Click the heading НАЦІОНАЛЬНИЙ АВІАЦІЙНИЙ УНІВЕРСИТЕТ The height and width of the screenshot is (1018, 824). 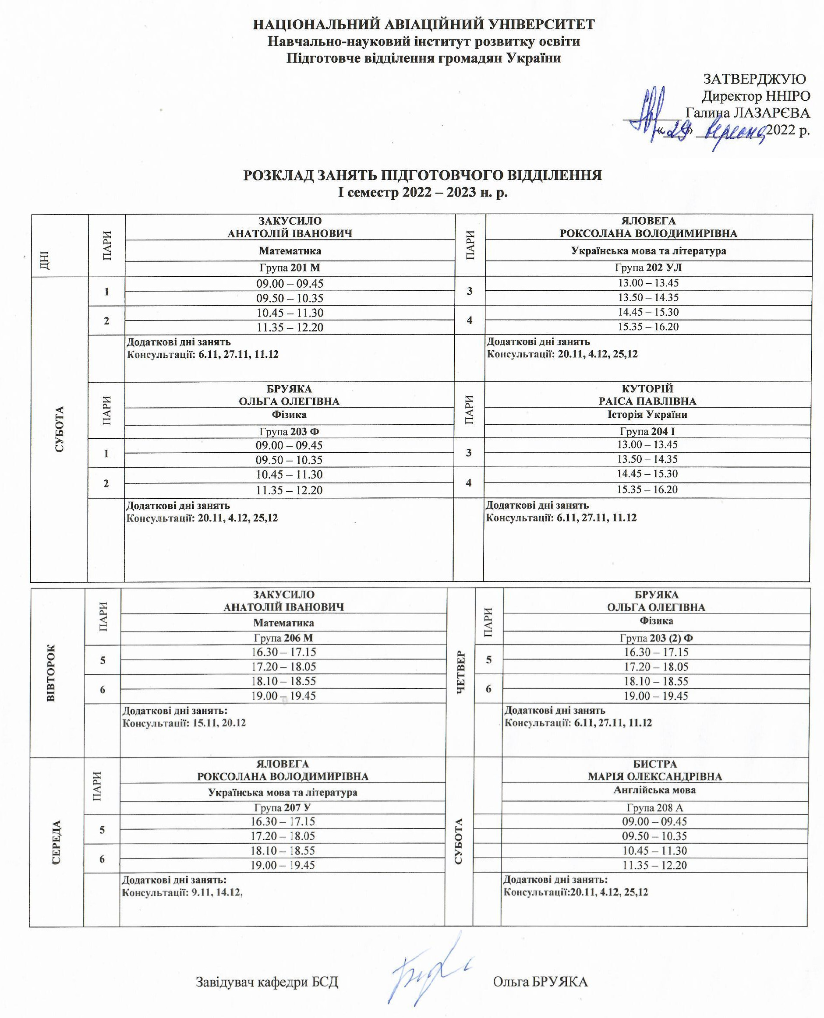pyautogui.click(x=424, y=25)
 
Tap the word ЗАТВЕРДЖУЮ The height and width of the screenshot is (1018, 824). pyautogui.click(x=754, y=79)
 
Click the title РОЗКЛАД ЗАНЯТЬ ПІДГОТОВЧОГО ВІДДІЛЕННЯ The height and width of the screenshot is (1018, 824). pyautogui.click(x=422, y=176)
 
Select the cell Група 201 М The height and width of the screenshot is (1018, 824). pyautogui.click(x=290, y=268)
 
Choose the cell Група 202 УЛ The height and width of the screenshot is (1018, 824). pyautogui.click(x=648, y=268)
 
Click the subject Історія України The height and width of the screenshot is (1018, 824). pyautogui.click(x=647, y=415)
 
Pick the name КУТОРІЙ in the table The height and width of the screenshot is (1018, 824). pyautogui.click(x=647, y=388)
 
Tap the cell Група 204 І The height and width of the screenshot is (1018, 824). pyautogui.click(x=647, y=432)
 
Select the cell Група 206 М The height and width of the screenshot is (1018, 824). pyautogui.click(x=283, y=638)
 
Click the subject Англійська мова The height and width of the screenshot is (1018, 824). pyautogui.click(x=654, y=790)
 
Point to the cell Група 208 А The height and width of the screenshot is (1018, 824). pyautogui.click(x=654, y=808)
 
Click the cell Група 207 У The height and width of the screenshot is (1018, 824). pyautogui.click(x=283, y=808)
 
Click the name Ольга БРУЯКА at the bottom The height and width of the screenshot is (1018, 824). pyautogui.click(x=540, y=982)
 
